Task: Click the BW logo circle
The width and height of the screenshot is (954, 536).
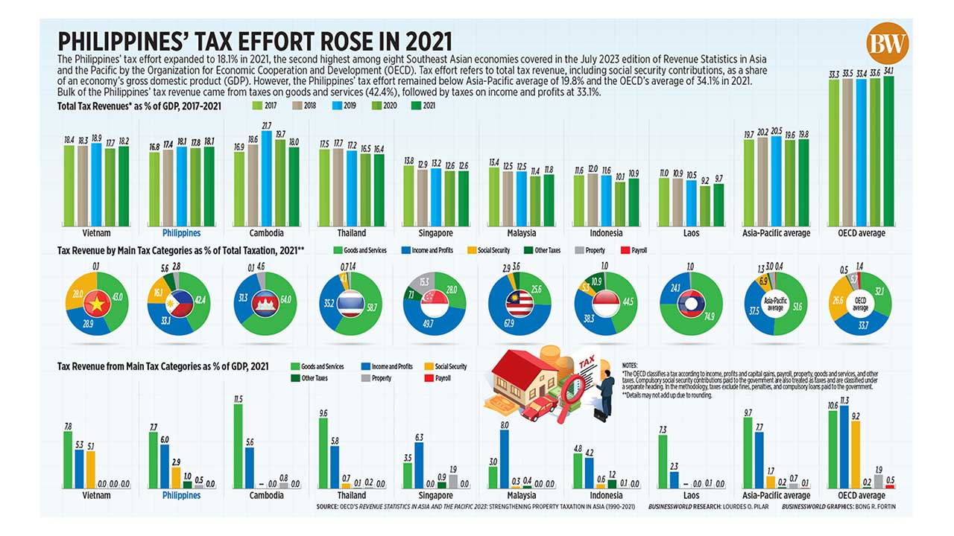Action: click(x=888, y=42)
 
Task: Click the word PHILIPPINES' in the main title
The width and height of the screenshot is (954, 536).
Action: click(x=127, y=41)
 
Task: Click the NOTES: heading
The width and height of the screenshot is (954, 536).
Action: click(x=630, y=366)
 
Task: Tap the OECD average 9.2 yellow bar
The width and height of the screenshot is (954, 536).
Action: click(x=856, y=455)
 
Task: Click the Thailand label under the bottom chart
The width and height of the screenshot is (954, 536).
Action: click(x=351, y=495)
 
